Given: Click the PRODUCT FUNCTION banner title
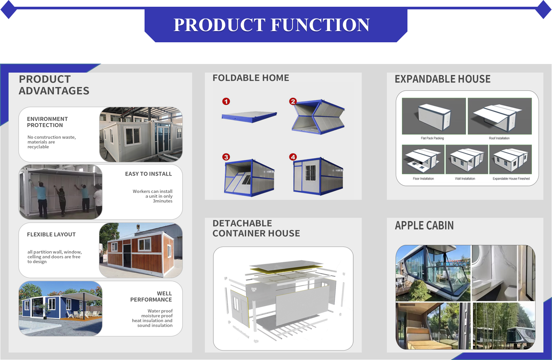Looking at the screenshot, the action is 272,25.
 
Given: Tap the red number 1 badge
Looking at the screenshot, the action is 226,101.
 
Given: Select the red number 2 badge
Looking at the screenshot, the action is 293,101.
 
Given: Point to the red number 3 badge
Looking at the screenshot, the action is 226,157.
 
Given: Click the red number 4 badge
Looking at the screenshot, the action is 293,157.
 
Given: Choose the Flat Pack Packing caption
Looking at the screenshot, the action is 432,138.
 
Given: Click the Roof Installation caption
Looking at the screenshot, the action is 499,138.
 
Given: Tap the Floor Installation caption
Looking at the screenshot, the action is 424,179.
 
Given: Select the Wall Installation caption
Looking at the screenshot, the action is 465,179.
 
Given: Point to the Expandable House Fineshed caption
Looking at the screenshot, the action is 511,179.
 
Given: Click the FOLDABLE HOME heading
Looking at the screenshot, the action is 251,78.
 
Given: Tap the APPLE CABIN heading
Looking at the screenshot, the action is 424,225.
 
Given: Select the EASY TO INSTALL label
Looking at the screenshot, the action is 148,174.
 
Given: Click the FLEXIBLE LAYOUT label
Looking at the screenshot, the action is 51,234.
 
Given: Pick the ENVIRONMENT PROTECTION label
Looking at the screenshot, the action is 47,122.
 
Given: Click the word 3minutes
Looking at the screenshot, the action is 163,201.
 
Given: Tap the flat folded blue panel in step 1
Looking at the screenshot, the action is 249,117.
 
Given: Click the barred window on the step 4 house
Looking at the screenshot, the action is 310,173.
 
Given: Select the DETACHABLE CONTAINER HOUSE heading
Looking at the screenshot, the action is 256,228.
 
